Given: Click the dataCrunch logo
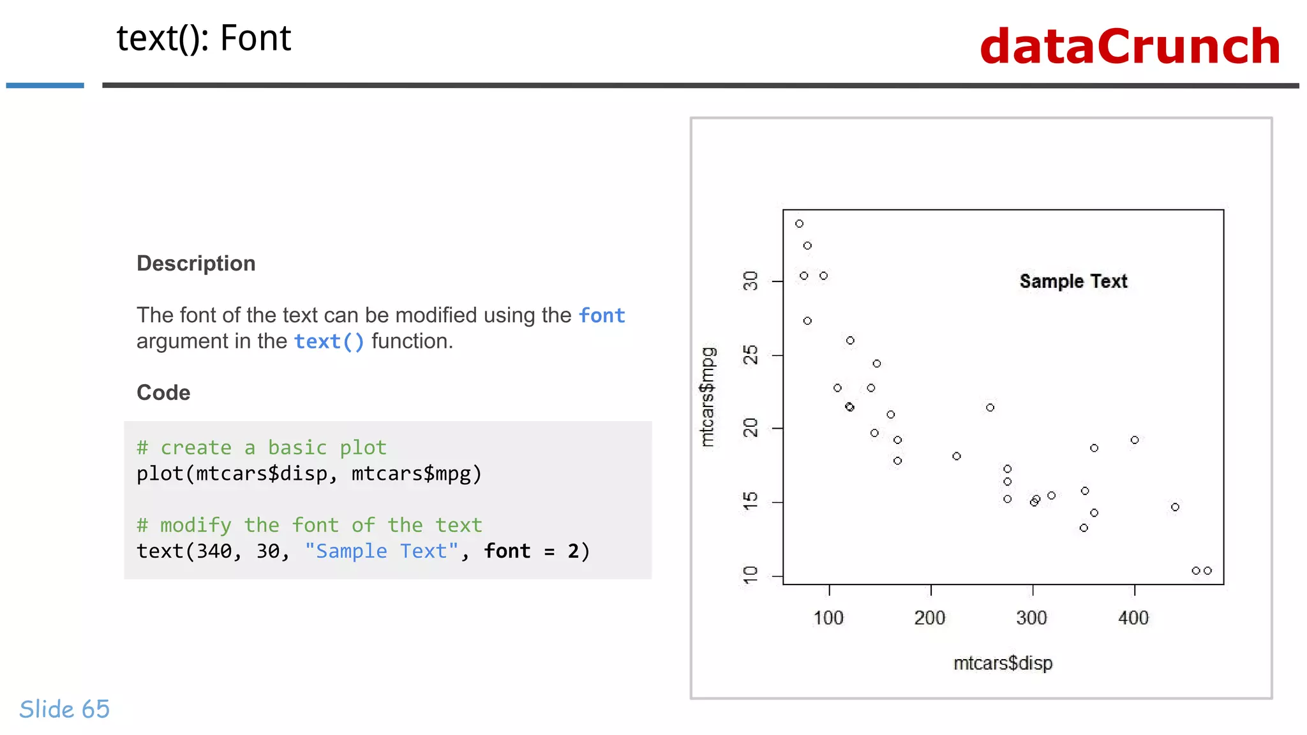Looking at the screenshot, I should (1130, 47).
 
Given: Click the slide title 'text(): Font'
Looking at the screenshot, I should (204, 38).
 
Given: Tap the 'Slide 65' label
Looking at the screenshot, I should (64, 709).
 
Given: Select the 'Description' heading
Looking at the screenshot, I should (196, 264).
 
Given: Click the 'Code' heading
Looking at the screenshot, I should (163, 392).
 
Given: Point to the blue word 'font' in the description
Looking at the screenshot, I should (602, 315).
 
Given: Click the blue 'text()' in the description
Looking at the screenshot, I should (329, 341).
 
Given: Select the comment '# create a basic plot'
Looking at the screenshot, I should (262, 447).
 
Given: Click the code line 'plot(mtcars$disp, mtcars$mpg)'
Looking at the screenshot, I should (309, 473).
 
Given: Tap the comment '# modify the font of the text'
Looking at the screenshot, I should (309, 525).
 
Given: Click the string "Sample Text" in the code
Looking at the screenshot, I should (381, 551).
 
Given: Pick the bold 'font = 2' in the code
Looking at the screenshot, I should (532, 551).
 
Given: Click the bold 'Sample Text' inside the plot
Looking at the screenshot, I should (1073, 281).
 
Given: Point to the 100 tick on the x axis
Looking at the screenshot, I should (828, 618).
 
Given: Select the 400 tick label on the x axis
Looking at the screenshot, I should (1133, 618).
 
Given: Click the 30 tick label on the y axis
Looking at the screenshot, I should (751, 281).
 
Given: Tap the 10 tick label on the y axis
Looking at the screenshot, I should (751, 575).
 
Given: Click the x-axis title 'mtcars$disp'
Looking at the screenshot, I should (1003, 664).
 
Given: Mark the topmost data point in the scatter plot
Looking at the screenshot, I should (799, 224).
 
